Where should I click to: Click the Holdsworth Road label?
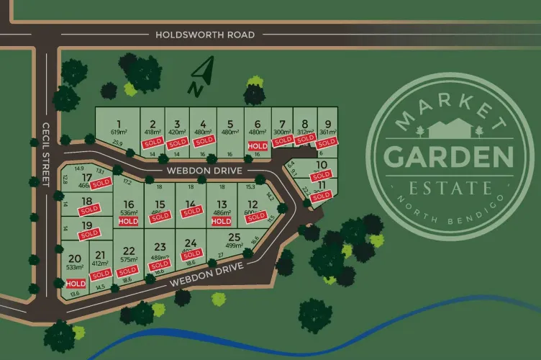[x=205, y=34]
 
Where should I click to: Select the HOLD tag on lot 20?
[x=75, y=284]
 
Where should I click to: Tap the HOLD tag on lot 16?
[x=128, y=222]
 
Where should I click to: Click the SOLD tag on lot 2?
[x=153, y=143]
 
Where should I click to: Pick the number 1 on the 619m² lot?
[x=118, y=123]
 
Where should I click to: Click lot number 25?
[x=234, y=237]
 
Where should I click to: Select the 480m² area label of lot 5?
[x=230, y=132]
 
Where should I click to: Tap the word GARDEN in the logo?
[x=449, y=156]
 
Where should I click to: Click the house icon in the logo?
[x=449, y=130]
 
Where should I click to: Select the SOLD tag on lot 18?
[x=89, y=210]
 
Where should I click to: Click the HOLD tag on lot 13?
[x=222, y=222]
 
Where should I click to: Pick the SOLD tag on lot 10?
[x=322, y=174]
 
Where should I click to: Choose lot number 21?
[x=100, y=255]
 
